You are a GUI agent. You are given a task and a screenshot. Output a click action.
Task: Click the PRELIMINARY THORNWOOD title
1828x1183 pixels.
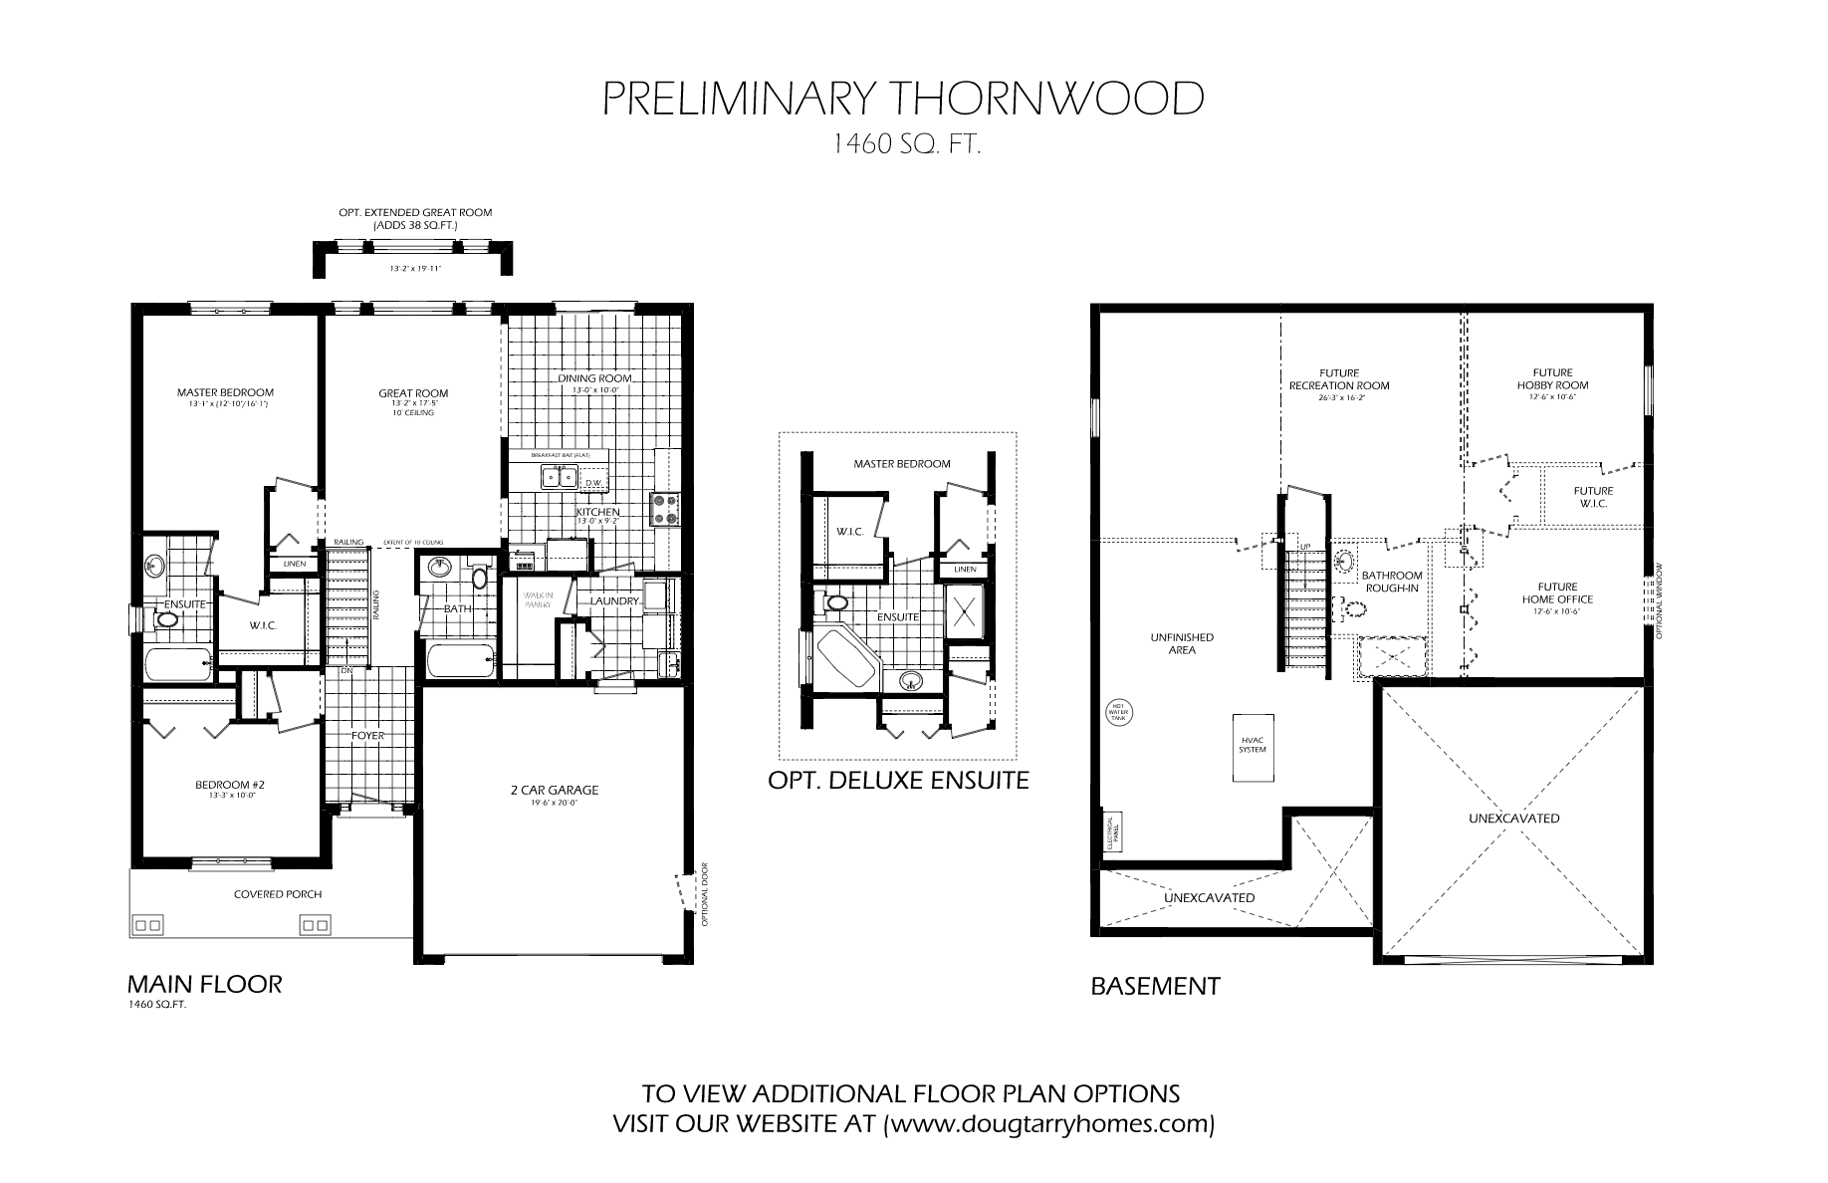point(904,100)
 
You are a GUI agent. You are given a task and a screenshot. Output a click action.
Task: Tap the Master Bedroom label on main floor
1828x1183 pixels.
point(225,392)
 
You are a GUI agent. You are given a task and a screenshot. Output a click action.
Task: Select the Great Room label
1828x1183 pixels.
point(413,393)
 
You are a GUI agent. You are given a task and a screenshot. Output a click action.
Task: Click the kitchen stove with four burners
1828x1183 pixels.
point(664,509)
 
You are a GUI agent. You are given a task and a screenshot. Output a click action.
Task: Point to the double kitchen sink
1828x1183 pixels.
point(557,478)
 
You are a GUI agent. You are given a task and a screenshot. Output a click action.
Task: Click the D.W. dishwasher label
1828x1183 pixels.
point(594,484)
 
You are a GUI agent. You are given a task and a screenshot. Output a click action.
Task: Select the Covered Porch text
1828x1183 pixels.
point(278,894)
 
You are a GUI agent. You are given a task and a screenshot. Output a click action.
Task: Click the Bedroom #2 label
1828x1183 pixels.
point(229,785)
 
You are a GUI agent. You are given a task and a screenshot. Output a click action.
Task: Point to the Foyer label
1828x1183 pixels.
point(367,736)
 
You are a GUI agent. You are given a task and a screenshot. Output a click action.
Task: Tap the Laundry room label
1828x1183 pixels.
point(613,601)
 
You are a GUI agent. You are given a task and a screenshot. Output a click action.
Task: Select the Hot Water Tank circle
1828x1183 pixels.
point(1116,713)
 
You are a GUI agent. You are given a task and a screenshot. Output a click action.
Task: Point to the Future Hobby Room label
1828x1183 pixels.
point(1552,379)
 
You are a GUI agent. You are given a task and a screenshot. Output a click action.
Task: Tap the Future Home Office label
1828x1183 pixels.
point(1556,593)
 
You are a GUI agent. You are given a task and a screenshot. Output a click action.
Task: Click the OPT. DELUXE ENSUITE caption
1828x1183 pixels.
point(898,781)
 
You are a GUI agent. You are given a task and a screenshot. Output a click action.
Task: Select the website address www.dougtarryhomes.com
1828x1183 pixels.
point(1048,1125)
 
